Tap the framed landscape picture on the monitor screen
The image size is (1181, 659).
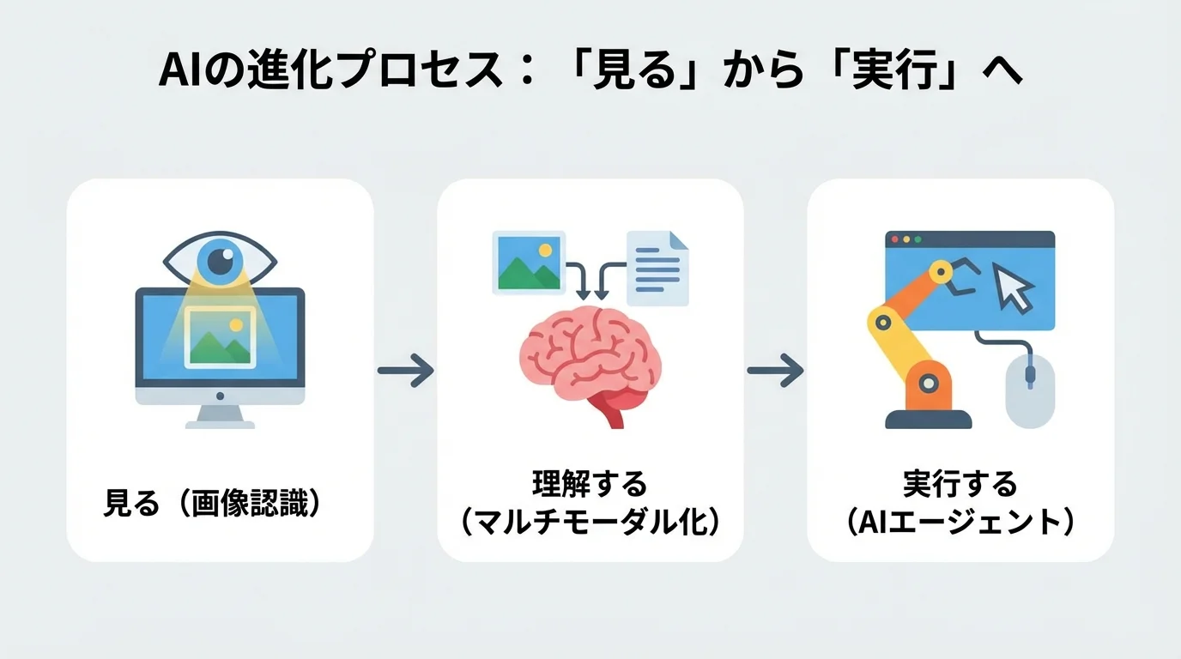tap(221, 337)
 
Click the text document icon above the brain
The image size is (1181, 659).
tap(657, 268)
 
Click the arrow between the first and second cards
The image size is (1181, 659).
tap(405, 371)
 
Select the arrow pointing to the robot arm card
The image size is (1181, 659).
tap(775, 371)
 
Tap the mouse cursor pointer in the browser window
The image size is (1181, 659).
tap(1013, 288)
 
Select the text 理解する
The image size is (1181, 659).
tap(590, 485)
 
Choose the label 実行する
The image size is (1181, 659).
tap(960, 485)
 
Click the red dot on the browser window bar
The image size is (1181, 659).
tap(894, 239)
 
